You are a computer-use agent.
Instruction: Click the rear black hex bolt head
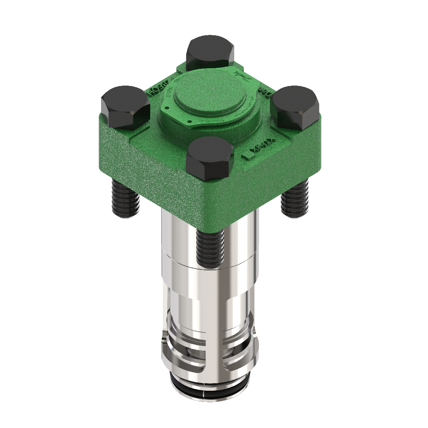click(x=210, y=52)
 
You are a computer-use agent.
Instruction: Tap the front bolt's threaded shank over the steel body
click(x=210, y=248)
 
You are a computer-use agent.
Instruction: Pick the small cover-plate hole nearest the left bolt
click(x=168, y=107)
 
